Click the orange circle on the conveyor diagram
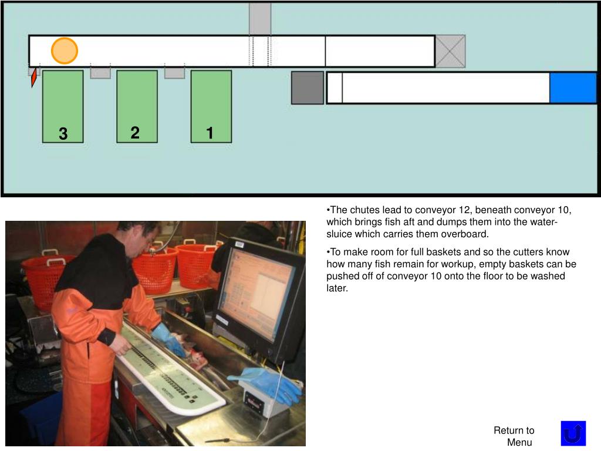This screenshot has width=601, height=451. coord(65,51)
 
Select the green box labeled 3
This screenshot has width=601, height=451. coord(63,107)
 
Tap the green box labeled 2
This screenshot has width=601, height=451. coord(137,107)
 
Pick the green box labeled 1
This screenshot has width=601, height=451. coord(211,107)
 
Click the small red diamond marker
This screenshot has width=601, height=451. coord(33,78)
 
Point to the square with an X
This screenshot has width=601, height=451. coord(450,52)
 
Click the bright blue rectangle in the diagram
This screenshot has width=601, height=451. coord(573,88)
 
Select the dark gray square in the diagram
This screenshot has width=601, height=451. coord(308,88)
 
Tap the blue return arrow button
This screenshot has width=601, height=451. coord(573,433)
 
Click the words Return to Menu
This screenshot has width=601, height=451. coord(514,436)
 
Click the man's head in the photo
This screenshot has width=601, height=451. coord(139,238)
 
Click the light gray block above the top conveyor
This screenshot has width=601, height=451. coord(260,19)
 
